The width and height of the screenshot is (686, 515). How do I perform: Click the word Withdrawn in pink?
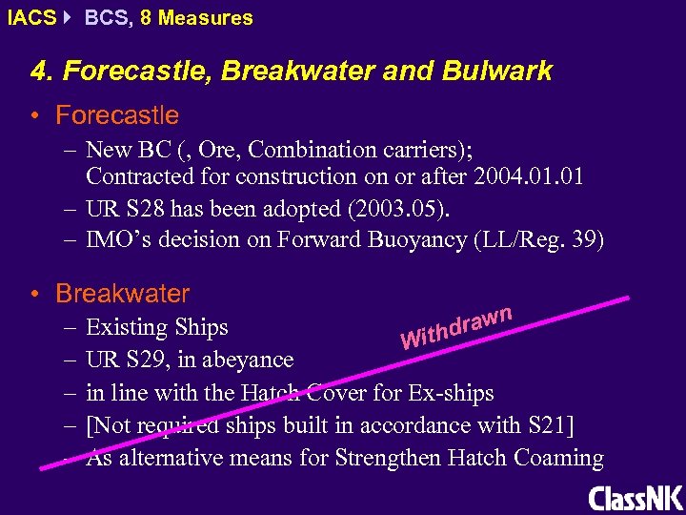coord(457,326)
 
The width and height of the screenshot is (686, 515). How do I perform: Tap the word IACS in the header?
coord(30,17)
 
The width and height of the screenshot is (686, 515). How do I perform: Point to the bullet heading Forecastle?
coord(116,115)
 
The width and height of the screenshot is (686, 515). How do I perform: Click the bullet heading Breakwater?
coord(122,293)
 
